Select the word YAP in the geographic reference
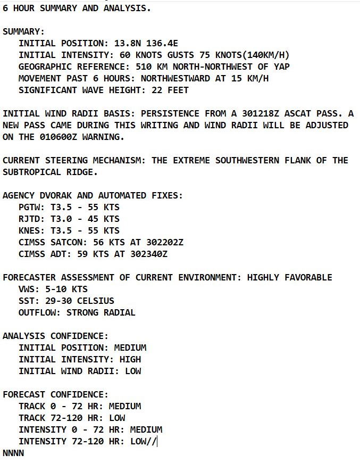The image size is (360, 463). click(281, 67)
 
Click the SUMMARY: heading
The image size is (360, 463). click(24, 32)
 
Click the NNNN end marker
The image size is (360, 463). click(13, 453)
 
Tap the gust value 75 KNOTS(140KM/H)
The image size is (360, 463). click(244, 55)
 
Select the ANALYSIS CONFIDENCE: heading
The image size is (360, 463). click(55, 336)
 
